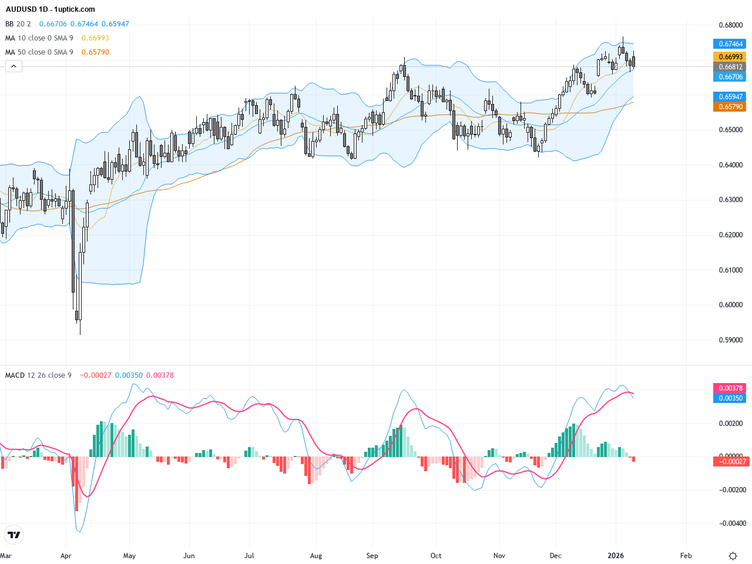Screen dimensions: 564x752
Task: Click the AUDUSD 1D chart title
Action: (50, 9)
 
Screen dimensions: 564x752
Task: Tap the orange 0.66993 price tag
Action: (730, 57)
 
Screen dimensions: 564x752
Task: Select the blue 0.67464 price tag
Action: (730, 44)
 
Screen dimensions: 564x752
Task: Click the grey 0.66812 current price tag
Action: (730, 67)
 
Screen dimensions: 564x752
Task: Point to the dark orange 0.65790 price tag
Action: (730, 107)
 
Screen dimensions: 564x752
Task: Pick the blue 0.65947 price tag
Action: (730, 97)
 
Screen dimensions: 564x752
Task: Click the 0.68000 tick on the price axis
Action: (730, 25)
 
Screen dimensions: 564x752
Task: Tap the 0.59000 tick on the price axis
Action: (730, 340)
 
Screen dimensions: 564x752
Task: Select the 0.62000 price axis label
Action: (730, 235)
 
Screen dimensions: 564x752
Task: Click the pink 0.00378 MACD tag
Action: (730, 388)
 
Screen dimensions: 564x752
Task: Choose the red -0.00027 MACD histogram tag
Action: (730, 462)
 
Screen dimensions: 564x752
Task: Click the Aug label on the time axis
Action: (316, 556)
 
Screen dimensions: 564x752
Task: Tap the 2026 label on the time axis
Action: (616, 556)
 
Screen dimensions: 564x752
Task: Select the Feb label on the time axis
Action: (686, 556)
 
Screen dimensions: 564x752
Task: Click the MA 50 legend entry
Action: (39, 52)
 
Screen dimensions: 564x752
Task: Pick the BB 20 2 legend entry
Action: (18, 24)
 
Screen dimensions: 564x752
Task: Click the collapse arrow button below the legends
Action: (14, 66)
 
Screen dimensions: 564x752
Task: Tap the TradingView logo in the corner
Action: (14, 535)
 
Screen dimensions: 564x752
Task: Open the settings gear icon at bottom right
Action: (733, 556)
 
